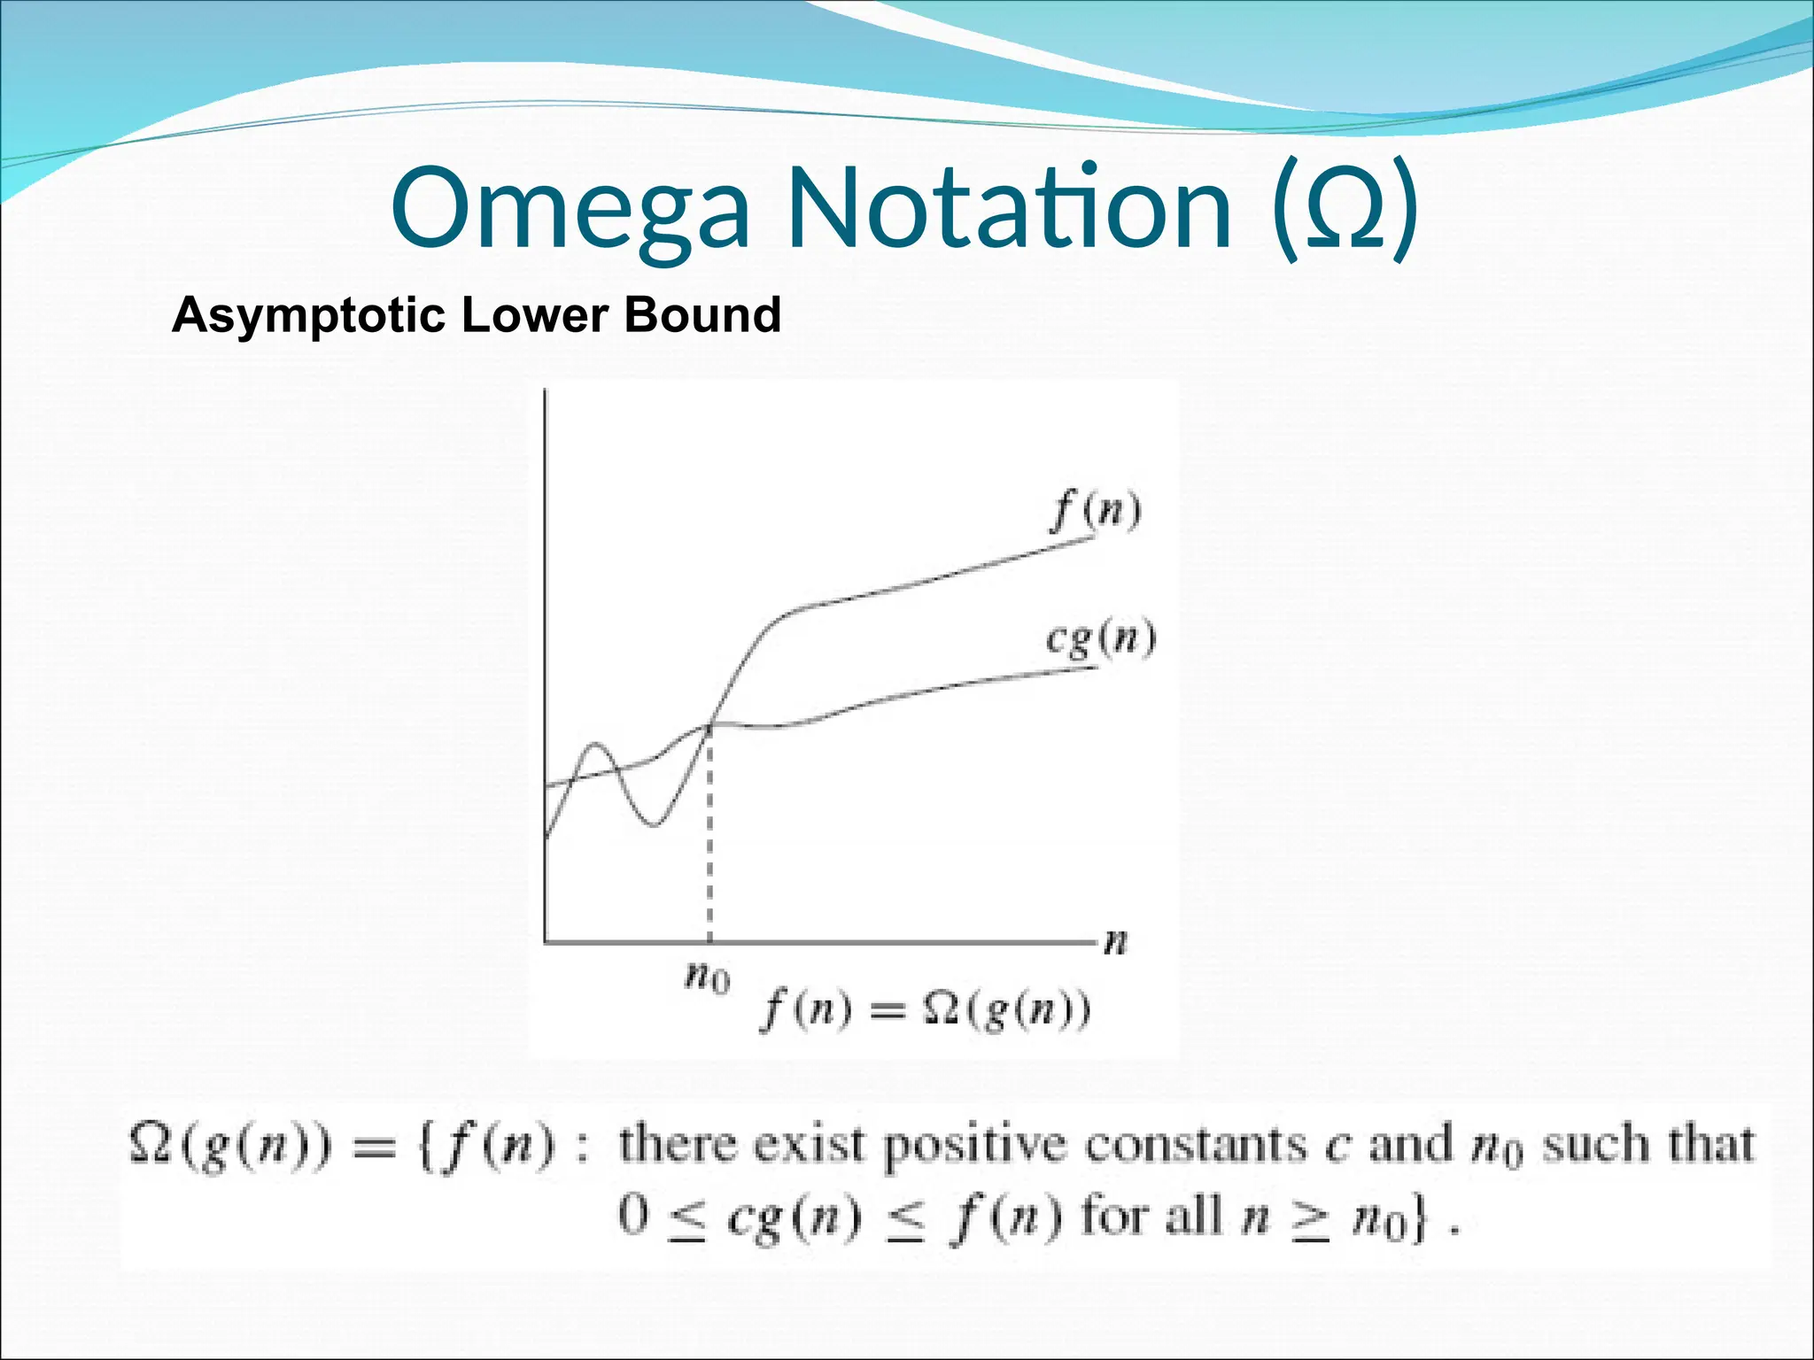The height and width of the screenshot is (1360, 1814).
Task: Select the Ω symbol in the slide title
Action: pos(1344,212)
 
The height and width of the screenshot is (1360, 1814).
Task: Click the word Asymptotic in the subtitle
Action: pos(308,315)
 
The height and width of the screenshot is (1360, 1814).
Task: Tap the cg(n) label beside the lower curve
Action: pos(1100,639)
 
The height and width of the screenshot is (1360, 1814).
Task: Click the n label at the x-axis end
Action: pos(1116,941)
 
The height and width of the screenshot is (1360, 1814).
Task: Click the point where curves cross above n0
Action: pos(710,724)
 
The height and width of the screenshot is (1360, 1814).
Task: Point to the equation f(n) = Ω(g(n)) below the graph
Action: pos(926,1010)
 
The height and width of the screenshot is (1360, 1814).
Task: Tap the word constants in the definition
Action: pos(1196,1144)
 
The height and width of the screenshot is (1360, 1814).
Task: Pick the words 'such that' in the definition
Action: pos(1648,1144)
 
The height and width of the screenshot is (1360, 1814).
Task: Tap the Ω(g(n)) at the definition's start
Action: pos(229,1146)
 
